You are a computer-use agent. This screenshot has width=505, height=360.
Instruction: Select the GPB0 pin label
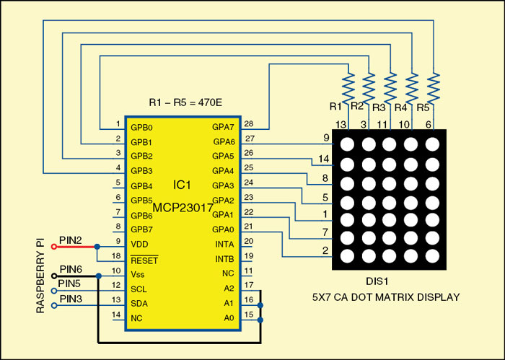coord(141,127)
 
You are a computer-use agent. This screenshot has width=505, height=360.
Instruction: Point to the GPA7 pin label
coord(223,127)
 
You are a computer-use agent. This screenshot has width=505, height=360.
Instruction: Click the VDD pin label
coord(139,244)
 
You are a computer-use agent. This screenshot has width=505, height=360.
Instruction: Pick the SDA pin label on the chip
coord(139,302)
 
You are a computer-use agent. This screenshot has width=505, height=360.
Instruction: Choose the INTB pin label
coord(224,258)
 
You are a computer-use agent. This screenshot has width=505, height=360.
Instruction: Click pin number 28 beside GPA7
coord(249,124)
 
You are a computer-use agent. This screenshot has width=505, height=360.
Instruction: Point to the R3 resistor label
coord(377,107)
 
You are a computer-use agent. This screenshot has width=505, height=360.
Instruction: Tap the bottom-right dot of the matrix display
coord(432,255)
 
